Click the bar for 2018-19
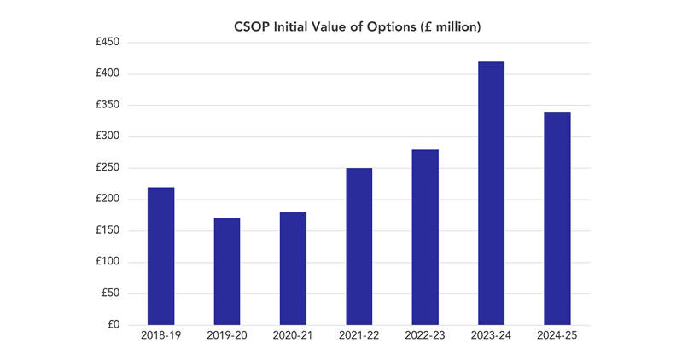click(x=161, y=256)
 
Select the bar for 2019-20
click(x=227, y=272)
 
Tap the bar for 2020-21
click(x=293, y=269)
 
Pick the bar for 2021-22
click(x=359, y=247)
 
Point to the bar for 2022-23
click(x=425, y=237)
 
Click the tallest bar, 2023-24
click(x=492, y=194)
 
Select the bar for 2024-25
click(x=557, y=218)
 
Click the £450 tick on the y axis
click(x=108, y=42)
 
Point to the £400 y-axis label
click(x=108, y=73)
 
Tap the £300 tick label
click(x=108, y=136)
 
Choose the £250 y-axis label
click(x=108, y=167)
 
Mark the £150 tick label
click(x=108, y=230)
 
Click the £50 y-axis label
click(x=110, y=293)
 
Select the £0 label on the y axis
click(x=114, y=324)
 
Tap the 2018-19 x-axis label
click(x=161, y=335)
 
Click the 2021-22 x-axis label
click(x=359, y=335)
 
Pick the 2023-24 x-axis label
click(x=492, y=335)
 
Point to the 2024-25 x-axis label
click(x=557, y=335)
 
